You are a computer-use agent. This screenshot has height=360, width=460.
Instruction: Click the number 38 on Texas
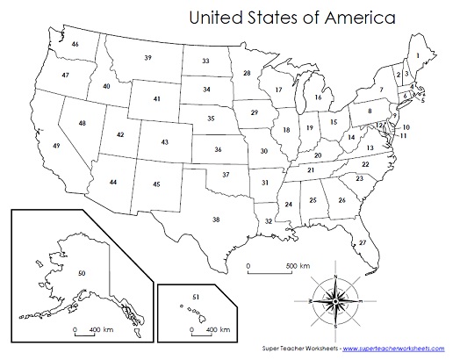[215, 219]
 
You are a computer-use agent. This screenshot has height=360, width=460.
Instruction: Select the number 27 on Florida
[363, 241]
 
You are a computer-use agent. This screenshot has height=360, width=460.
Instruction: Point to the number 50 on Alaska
[82, 275]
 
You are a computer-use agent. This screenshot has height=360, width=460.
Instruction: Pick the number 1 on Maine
[419, 55]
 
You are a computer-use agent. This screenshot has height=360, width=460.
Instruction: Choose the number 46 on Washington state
[75, 44]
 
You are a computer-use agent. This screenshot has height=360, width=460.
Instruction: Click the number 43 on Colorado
[165, 141]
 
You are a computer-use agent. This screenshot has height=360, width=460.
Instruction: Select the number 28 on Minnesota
[248, 73]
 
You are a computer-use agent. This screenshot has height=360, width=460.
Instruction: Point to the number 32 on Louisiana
[268, 222]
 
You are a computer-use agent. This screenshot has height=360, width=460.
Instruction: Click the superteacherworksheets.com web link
[399, 349]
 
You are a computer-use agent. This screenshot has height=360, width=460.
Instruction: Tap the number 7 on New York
[382, 90]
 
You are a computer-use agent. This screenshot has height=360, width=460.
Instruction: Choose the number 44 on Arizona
[113, 181]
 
